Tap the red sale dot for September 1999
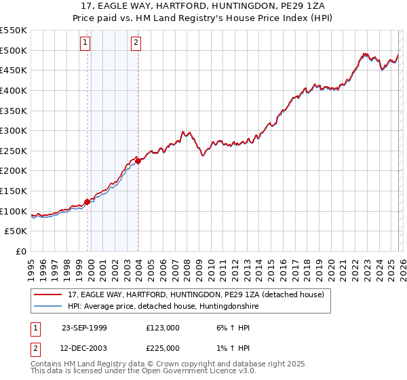tap(88, 202)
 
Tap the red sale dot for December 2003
tap(138, 161)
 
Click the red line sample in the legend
tap(49, 294)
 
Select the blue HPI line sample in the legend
tap(49, 307)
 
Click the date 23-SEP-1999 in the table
tap(84, 328)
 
